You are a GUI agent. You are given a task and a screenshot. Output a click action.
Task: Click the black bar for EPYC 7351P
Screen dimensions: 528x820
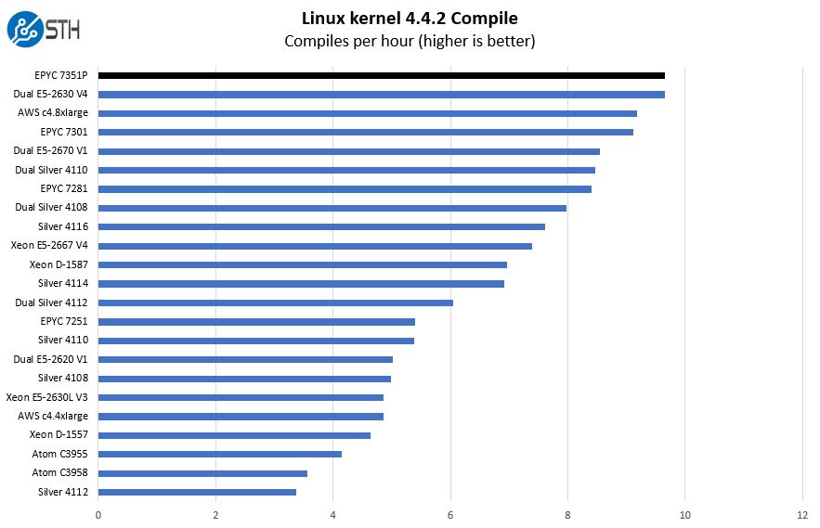pyautogui.click(x=381, y=75)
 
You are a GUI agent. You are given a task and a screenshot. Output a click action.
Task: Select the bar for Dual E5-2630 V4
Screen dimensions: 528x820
pyautogui.click(x=381, y=94)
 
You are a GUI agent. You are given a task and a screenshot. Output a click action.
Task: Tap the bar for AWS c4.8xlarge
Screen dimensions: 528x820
pyautogui.click(x=367, y=113)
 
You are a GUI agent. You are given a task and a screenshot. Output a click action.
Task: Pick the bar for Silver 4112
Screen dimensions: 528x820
pyautogui.click(x=197, y=492)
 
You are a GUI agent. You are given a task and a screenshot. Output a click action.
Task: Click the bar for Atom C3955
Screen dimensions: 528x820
pyautogui.click(x=219, y=454)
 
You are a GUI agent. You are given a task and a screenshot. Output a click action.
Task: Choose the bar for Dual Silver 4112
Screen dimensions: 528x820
pyautogui.click(x=275, y=303)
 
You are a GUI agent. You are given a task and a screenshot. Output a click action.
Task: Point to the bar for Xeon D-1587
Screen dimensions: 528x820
pyautogui.click(x=302, y=264)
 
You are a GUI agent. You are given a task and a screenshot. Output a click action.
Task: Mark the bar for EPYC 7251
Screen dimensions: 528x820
pyautogui.click(x=256, y=321)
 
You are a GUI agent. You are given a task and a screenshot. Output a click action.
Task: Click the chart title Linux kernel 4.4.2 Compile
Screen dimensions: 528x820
pyautogui.click(x=410, y=18)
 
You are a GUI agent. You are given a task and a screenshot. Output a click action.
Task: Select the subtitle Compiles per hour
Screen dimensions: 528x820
pyautogui.click(x=410, y=41)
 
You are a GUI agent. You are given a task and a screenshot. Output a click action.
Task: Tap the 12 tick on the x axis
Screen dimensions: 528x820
pyautogui.click(x=802, y=515)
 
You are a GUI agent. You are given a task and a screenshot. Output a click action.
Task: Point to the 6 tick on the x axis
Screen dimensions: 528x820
pyautogui.click(x=450, y=515)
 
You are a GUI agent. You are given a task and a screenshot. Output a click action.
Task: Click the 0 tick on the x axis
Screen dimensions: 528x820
pyautogui.click(x=98, y=515)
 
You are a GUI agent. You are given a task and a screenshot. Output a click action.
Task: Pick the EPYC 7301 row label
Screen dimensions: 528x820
pyautogui.click(x=64, y=132)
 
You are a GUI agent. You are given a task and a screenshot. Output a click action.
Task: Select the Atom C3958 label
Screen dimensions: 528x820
pyautogui.click(x=60, y=472)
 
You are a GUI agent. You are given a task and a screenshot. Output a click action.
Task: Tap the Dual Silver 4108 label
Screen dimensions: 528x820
pyautogui.click(x=51, y=207)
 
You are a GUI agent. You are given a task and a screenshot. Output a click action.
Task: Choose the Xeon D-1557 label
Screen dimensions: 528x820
pyautogui.click(x=59, y=434)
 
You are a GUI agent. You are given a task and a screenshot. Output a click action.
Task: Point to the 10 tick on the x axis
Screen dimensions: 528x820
pyautogui.click(x=684, y=515)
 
